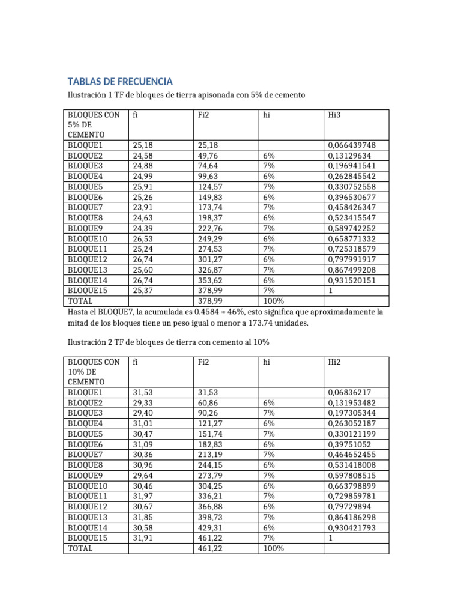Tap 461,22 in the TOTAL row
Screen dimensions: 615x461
click(209, 548)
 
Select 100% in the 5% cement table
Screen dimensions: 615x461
click(274, 301)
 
